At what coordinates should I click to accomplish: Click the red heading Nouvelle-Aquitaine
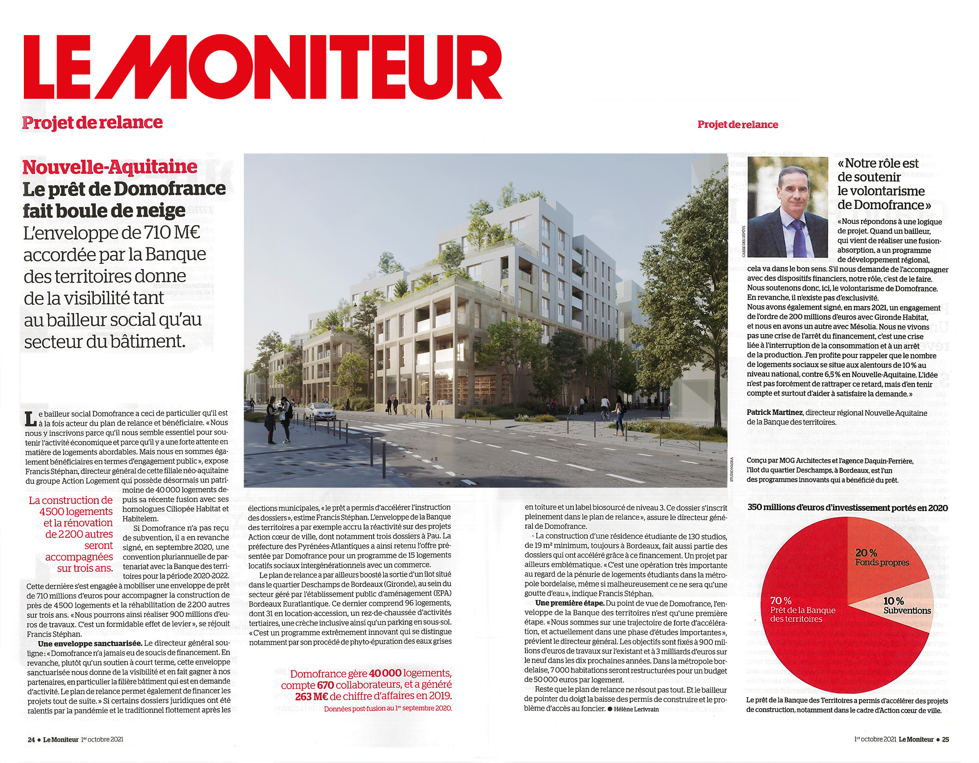[110, 167]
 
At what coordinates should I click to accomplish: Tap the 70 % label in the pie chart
[781, 600]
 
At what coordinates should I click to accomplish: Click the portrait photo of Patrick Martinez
[787, 207]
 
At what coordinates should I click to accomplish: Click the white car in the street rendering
[320, 411]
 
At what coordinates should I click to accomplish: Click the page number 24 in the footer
[31, 740]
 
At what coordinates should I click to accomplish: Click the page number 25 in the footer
[945, 739]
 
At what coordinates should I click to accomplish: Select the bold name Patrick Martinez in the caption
[774, 413]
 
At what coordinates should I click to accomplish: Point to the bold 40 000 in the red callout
[385, 673]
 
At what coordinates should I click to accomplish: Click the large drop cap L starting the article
[30, 419]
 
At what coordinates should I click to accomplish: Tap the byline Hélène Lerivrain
[636, 709]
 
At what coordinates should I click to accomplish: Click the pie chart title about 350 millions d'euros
[847, 507]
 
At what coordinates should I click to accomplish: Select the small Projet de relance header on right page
[737, 124]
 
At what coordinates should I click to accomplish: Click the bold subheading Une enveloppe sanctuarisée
[90, 643]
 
